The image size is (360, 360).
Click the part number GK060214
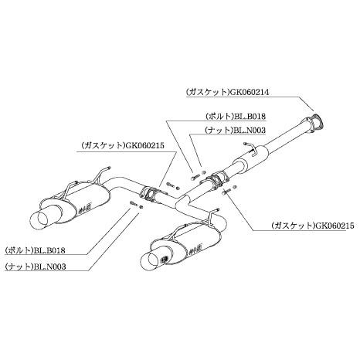249,92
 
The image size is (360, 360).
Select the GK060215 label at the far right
335,226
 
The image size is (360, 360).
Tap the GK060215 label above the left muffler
144,146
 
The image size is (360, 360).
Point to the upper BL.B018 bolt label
250,117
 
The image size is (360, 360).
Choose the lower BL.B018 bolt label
49,250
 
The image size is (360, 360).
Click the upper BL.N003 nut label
250,131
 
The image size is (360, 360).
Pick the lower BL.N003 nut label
49,267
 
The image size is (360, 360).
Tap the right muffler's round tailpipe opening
151,261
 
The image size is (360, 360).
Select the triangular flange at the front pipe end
315,124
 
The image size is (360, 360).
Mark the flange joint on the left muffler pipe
150,195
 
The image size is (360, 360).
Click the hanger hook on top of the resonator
250,150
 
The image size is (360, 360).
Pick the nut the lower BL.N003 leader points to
141,206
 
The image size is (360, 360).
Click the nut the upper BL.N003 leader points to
204,172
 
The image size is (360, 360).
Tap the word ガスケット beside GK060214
207,92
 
